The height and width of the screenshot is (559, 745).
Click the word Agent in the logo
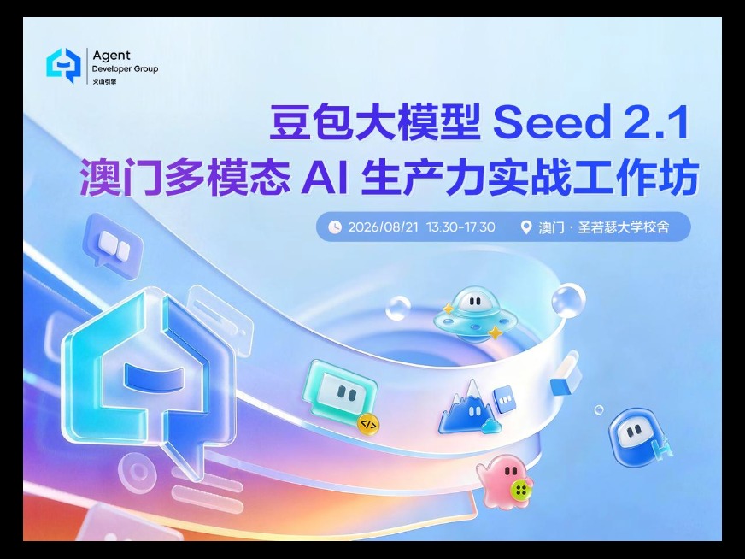[111, 56]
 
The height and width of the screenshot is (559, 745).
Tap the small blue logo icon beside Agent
[63, 65]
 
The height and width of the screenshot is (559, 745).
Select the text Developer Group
[125, 69]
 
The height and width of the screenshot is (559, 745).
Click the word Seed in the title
[551, 122]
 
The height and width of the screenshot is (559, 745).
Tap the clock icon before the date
[335, 227]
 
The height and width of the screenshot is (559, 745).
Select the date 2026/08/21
[384, 227]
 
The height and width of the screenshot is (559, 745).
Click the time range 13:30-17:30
[460, 227]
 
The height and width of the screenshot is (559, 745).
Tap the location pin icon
[525, 227]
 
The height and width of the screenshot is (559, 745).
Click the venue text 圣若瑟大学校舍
[624, 227]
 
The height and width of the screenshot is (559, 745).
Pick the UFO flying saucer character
[474, 315]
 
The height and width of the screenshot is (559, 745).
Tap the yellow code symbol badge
[368, 424]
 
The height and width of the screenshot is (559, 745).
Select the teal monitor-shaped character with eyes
[340, 392]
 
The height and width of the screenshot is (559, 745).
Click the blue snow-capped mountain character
[469, 407]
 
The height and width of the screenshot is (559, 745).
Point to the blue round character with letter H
[638, 437]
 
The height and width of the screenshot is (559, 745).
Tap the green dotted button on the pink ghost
[521, 489]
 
